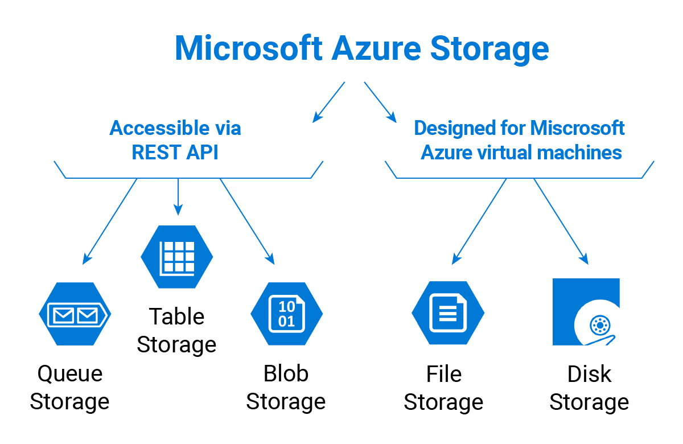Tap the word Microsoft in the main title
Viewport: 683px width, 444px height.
click(x=248, y=48)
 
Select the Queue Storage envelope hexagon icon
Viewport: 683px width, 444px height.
click(x=75, y=314)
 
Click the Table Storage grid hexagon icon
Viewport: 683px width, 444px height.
click(x=177, y=256)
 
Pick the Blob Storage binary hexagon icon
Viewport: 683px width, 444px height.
click(x=286, y=314)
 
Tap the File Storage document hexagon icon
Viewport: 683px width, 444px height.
click(x=447, y=314)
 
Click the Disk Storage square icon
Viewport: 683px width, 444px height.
click(x=586, y=312)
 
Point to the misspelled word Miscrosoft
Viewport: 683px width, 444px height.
click(x=578, y=128)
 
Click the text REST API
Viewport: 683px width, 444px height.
click(x=175, y=153)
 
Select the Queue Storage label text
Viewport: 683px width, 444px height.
click(x=69, y=388)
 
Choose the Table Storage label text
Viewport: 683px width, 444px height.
click(x=176, y=331)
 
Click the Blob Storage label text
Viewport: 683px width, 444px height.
click(x=286, y=388)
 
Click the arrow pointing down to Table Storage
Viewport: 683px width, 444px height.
click(x=178, y=197)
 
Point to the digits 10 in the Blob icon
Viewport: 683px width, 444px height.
click(x=286, y=307)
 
